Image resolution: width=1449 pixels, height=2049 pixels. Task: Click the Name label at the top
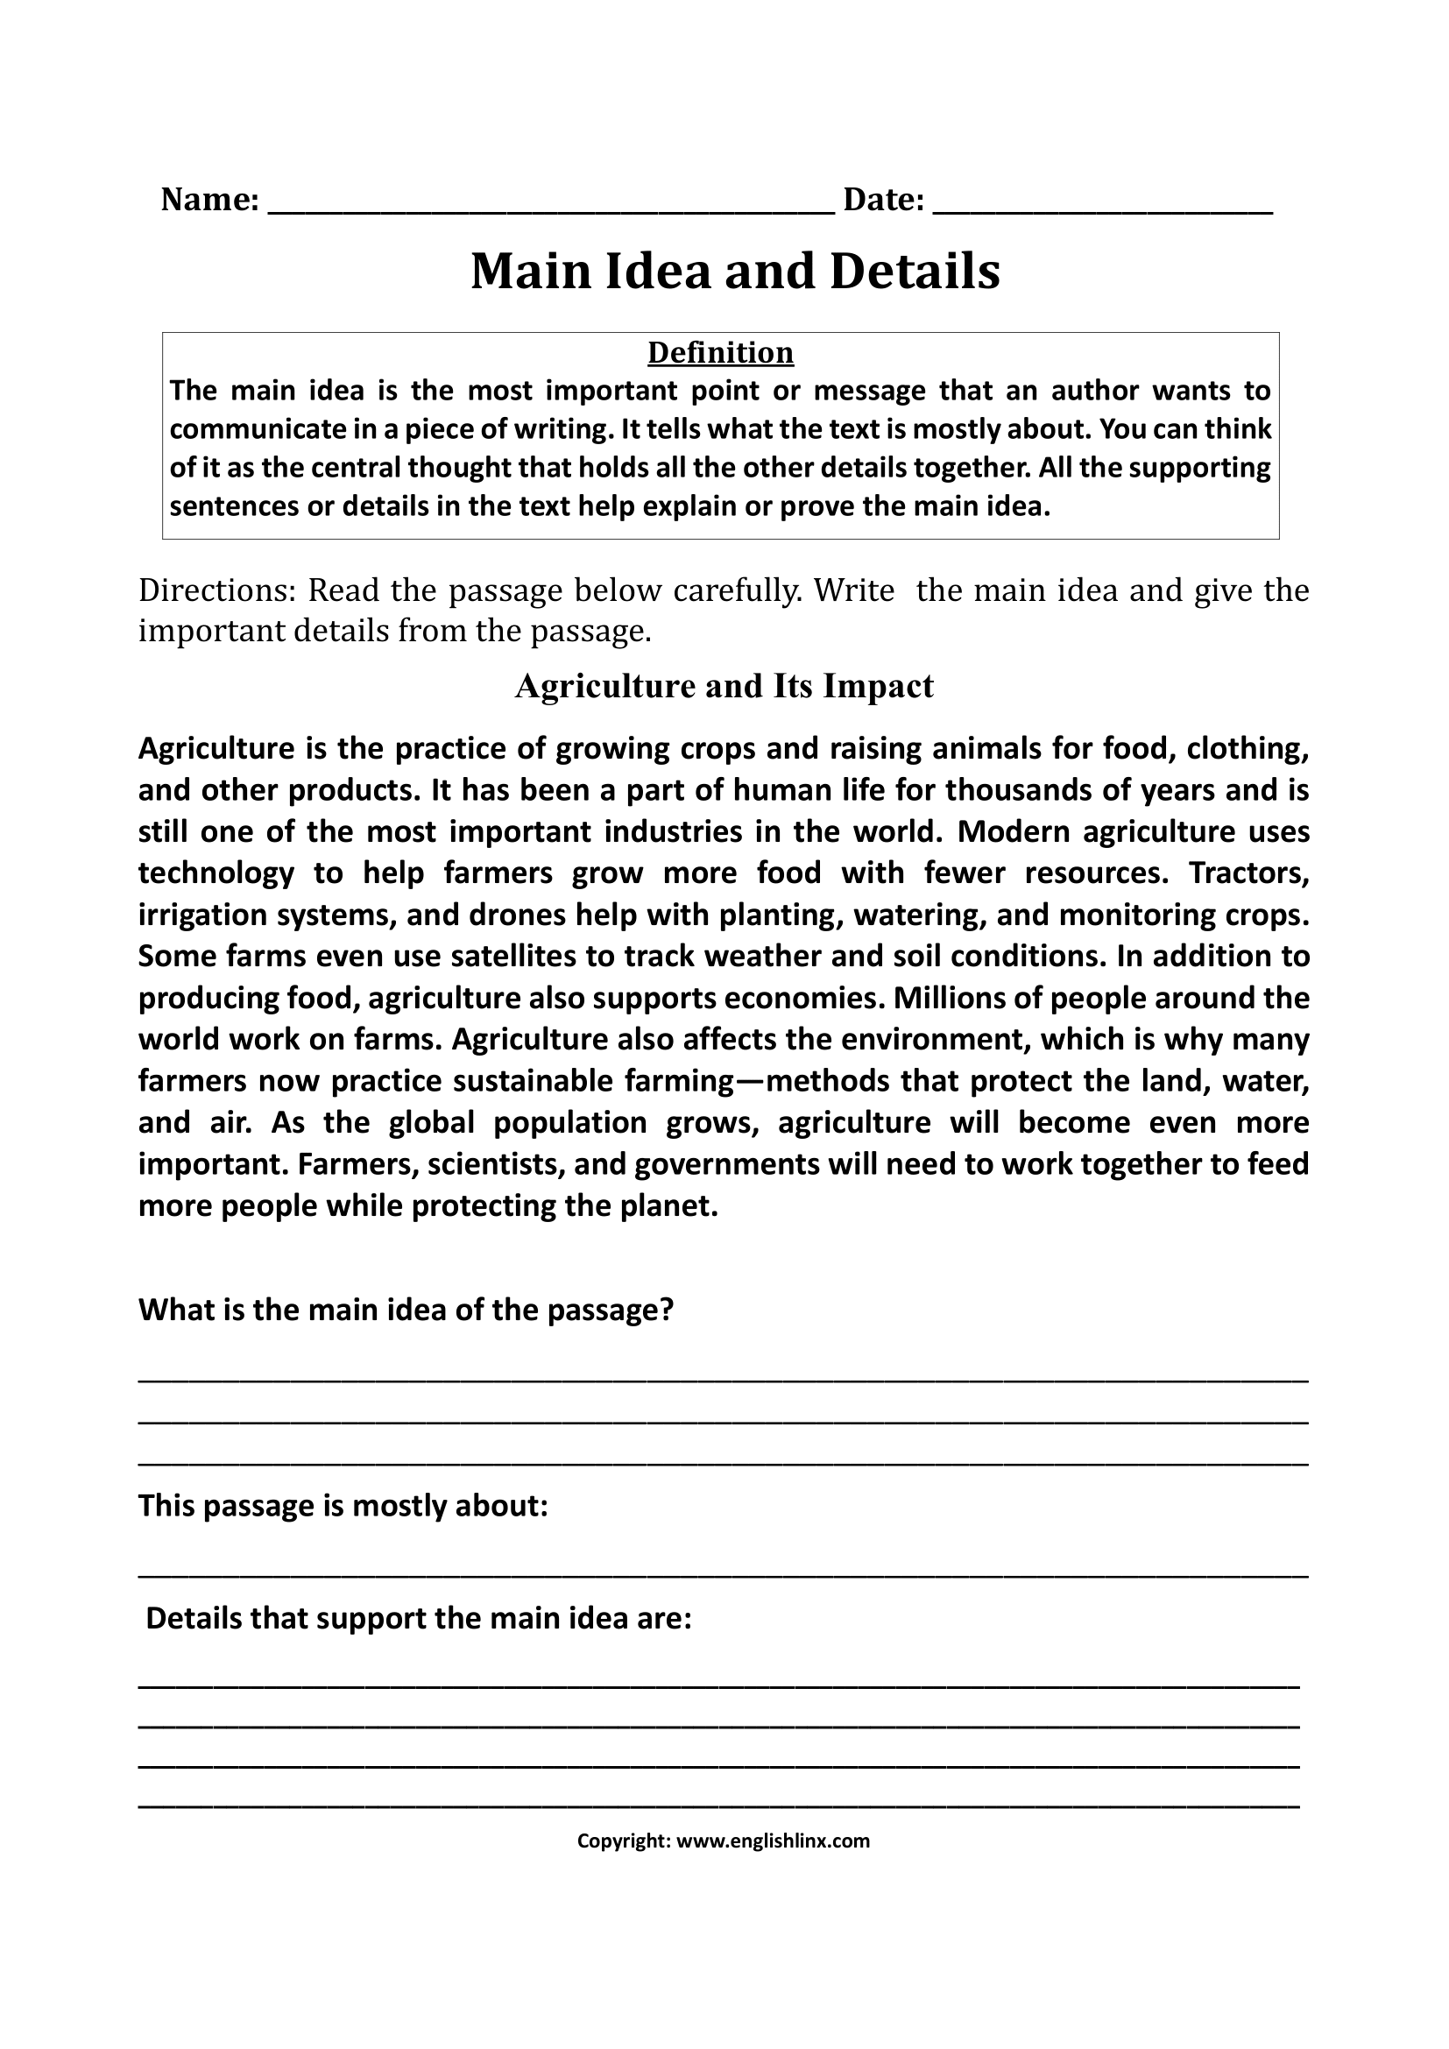209,200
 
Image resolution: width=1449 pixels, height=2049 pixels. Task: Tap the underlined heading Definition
720,352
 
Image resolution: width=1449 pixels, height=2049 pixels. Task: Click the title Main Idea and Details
734,272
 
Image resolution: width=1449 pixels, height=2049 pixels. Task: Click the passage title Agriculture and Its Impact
724,686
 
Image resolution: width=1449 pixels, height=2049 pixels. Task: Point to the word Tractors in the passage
1248,873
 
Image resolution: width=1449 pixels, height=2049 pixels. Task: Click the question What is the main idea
405,1310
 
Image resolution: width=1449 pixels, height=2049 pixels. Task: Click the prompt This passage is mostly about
343,1507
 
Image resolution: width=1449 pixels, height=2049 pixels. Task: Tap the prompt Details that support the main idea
419,1619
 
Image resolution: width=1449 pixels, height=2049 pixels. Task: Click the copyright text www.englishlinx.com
773,1841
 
